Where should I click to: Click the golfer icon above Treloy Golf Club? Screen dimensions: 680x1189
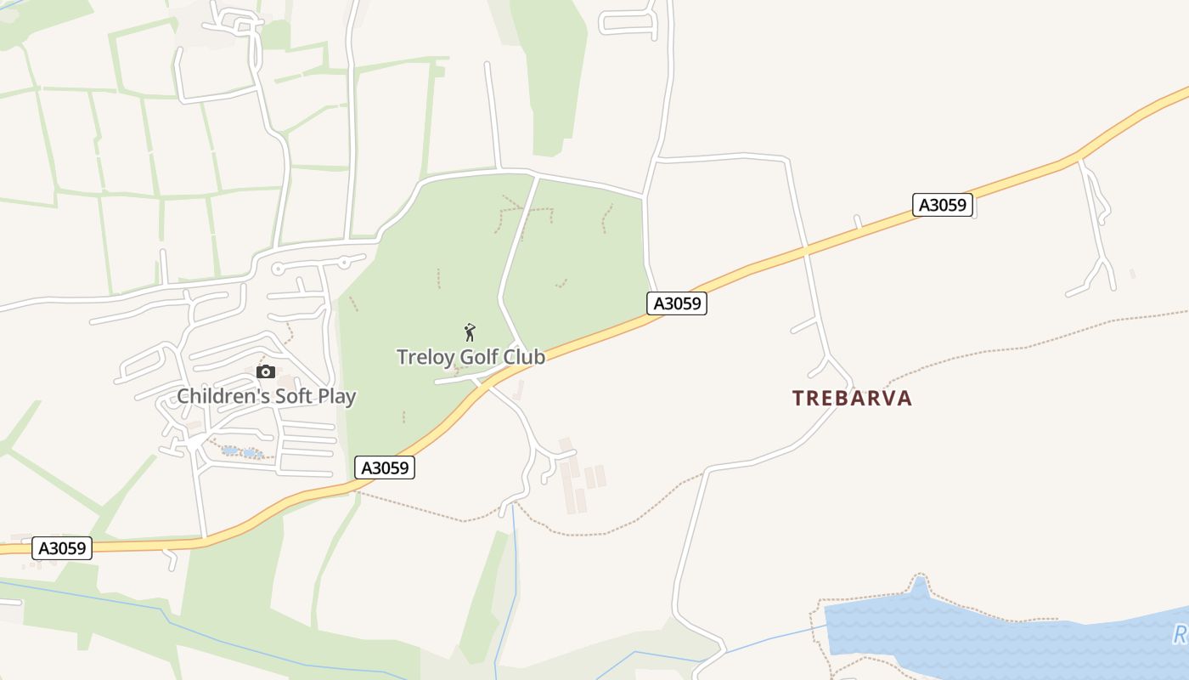pos(470,332)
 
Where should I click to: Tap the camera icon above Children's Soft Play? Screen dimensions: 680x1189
pos(266,371)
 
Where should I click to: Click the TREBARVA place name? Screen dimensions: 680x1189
pos(852,399)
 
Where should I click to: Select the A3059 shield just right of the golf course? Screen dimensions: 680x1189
pos(677,303)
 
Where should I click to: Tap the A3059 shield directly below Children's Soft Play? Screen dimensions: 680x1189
pos(385,467)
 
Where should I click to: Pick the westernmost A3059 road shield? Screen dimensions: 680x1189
pos(62,548)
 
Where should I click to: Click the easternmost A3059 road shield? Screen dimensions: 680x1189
pos(944,205)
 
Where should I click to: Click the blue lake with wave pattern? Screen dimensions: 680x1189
pos(977,633)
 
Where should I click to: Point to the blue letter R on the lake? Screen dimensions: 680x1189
pos(1180,634)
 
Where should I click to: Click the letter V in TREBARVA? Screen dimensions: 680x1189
pos(882,399)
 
